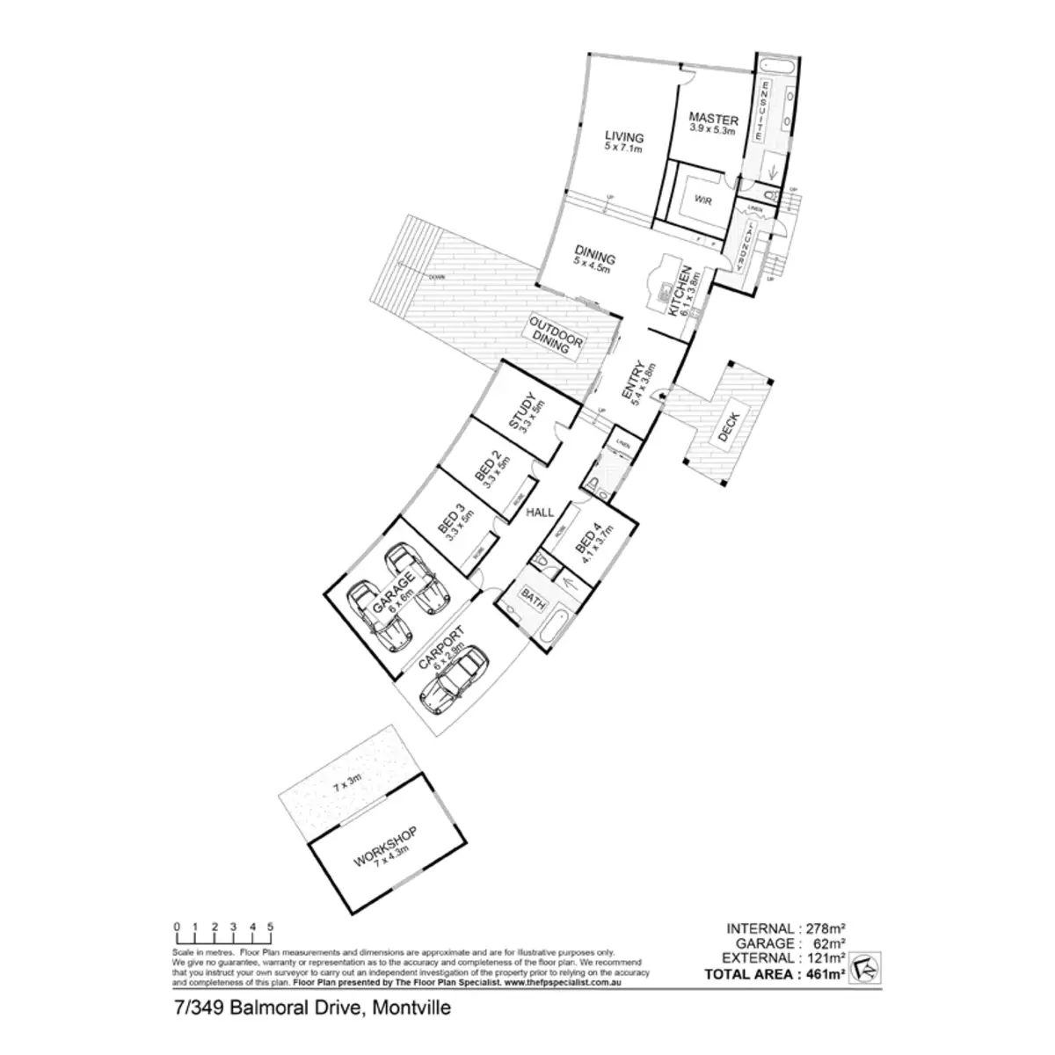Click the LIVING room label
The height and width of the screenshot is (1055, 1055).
pos(624,138)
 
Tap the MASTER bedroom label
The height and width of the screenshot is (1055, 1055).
pos(712,118)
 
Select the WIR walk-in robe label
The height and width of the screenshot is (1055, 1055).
pos(702,201)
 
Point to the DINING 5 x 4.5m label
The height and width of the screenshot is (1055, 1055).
pos(594,258)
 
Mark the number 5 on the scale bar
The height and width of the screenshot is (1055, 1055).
pos(271,926)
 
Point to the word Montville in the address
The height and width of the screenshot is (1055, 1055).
pos(411,1008)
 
